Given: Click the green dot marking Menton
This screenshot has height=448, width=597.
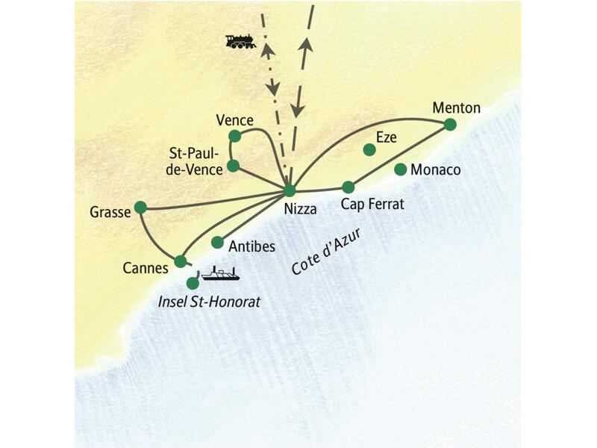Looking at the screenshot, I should click(x=450, y=124).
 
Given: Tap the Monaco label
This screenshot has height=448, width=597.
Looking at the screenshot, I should click(x=436, y=170).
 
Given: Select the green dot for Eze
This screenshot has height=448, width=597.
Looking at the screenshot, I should click(x=369, y=149).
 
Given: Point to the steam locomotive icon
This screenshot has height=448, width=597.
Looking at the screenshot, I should click(x=241, y=41).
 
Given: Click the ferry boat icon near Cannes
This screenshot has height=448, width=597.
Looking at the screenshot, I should click(x=220, y=274).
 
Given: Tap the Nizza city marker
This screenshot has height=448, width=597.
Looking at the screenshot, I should click(x=290, y=190).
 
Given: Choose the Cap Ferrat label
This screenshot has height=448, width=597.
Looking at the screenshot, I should click(x=372, y=204).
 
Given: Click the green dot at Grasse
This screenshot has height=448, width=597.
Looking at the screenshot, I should click(x=140, y=207).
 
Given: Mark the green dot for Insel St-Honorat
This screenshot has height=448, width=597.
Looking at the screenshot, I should click(x=193, y=283).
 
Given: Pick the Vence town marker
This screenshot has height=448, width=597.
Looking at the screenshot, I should click(x=235, y=135).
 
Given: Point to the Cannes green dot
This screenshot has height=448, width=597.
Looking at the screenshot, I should click(x=180, y=261).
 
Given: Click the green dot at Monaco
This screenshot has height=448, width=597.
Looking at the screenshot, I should click(x=400, y=169).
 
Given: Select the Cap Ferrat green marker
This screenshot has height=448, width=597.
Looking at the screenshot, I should click(x=347, y=187).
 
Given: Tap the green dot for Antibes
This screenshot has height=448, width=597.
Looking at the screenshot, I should click(x=217, y=242).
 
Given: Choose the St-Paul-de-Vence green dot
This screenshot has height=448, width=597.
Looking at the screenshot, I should click(x=233, y=165).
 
